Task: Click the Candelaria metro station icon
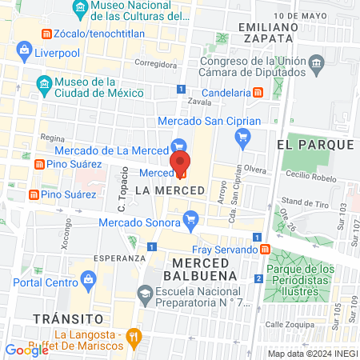(258, 92)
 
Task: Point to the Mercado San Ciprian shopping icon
(242, 138)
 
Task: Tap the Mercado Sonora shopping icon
(190, 218)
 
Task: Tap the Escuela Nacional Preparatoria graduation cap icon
(144, 294)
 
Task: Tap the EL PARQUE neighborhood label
(314, 144)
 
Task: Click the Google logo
(26, 350)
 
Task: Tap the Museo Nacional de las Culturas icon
(80, 10)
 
